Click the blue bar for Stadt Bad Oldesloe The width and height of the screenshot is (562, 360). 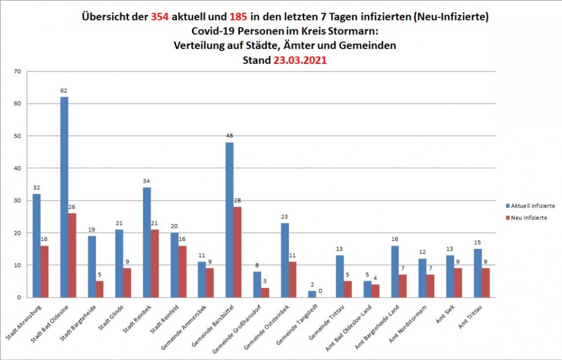pos(64,197)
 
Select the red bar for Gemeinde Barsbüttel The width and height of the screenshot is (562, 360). pos(237,252)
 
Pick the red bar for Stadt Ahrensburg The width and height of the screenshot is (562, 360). pos(45,271)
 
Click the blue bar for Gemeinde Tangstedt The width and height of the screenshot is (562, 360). pos(312,294)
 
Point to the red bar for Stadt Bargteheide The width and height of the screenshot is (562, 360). pos(100,289)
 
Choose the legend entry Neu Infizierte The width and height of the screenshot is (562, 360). pos(529,218)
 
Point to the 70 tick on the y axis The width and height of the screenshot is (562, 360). pos(17,71)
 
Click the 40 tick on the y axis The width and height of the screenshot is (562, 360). pos(17,168)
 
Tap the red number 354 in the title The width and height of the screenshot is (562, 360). pos(159,17)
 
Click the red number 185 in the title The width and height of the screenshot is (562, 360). pos(238,17)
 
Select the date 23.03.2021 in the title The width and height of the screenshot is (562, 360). pos(300,60)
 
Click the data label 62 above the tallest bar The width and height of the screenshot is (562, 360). pos(64,91)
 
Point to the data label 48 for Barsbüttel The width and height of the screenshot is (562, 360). pos(229,136)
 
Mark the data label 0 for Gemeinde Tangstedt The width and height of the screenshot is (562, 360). pos(320,291)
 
